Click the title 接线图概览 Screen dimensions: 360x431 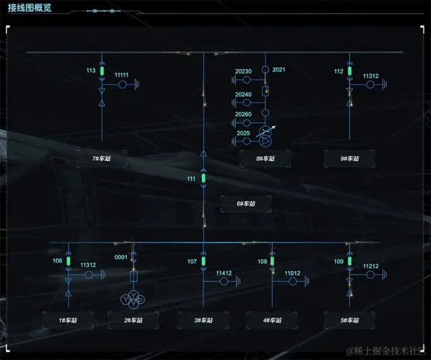(30, 8)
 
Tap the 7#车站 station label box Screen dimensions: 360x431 (101, 158)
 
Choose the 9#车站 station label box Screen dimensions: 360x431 (350, 158)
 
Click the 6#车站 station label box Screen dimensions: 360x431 (246, 204)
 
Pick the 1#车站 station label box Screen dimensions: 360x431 (67, 320)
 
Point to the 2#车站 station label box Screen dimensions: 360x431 (133, 320)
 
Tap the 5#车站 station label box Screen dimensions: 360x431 (350, 320)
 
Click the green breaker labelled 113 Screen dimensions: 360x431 (102, 71)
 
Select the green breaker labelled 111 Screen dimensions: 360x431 (203, 179)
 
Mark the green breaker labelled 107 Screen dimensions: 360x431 (203, 262)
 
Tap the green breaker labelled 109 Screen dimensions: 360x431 (350, 262)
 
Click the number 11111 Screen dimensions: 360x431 (122, 75)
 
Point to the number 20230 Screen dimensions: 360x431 (243, 71)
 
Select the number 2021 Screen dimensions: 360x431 (279, 70)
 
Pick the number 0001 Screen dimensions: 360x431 (121, 258)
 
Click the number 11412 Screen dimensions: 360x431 (224, 273)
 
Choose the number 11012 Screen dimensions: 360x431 (292, 273)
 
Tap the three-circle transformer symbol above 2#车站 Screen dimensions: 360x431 (133, 299)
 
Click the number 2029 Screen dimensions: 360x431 (243, 133)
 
